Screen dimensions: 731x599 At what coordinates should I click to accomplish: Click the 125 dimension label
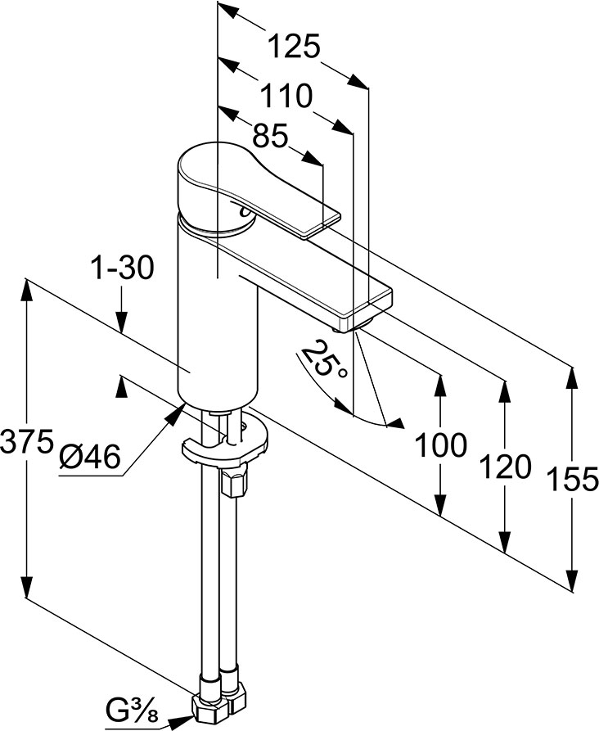(294, 47)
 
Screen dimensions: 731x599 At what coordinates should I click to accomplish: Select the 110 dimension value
(286, 97)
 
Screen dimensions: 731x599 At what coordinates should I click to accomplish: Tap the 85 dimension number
(270, 137)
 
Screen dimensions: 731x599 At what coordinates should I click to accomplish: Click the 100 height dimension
(441, 446)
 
